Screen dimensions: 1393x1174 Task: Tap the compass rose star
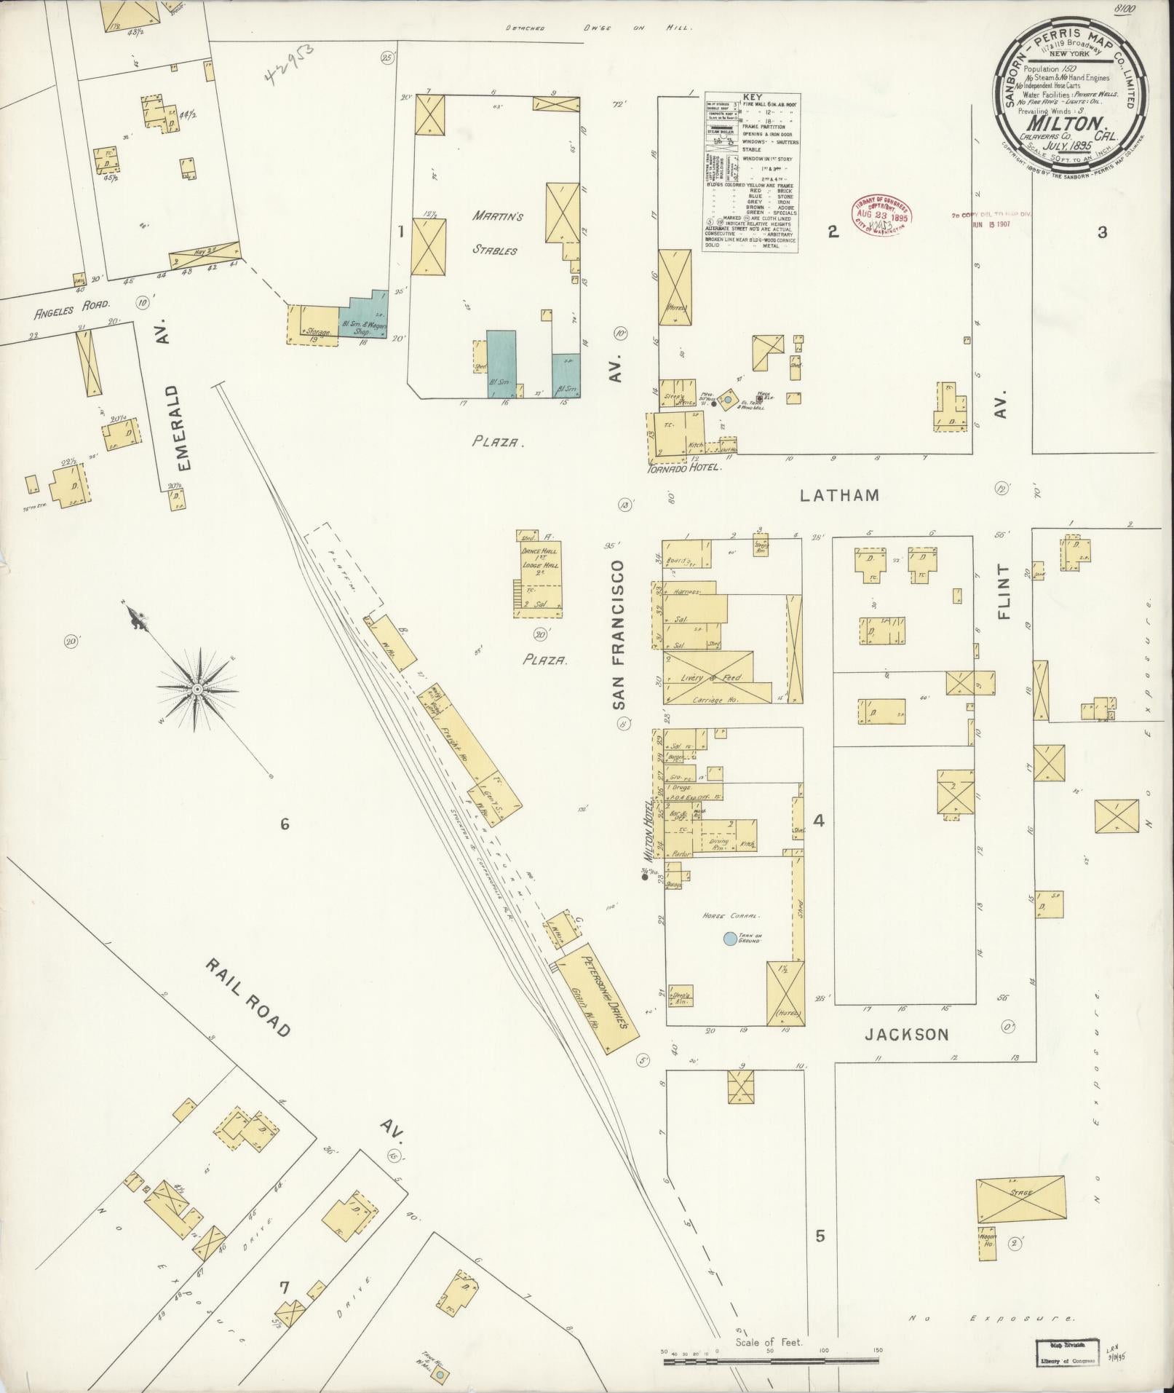coord(197,687)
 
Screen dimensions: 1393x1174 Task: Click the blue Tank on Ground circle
coord(729,939)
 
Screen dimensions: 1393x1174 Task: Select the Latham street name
coord(839,495)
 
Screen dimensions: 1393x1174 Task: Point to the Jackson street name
coord(906,1034)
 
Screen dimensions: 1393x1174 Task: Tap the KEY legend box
coord(751,173)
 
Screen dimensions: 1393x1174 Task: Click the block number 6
coord(285,824)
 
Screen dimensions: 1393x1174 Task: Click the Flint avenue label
coord(1005,591)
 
